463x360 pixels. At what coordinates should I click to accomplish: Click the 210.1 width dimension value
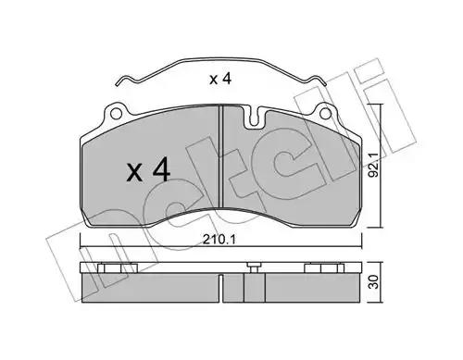(x=219, y=240)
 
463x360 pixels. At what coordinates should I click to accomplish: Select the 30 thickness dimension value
(x=374, y=282)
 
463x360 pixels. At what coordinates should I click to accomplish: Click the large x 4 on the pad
(x=148, y=169)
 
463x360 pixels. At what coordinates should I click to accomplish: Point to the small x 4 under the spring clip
(x=220, y=79)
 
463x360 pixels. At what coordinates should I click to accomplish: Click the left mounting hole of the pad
(x=116, y=114)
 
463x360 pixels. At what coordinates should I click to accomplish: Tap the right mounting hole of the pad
(x=325, y=114)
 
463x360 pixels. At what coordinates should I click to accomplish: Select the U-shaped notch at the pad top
(x=254, y=118)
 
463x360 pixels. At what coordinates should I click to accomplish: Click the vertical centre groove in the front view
(x=220, y=156)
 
